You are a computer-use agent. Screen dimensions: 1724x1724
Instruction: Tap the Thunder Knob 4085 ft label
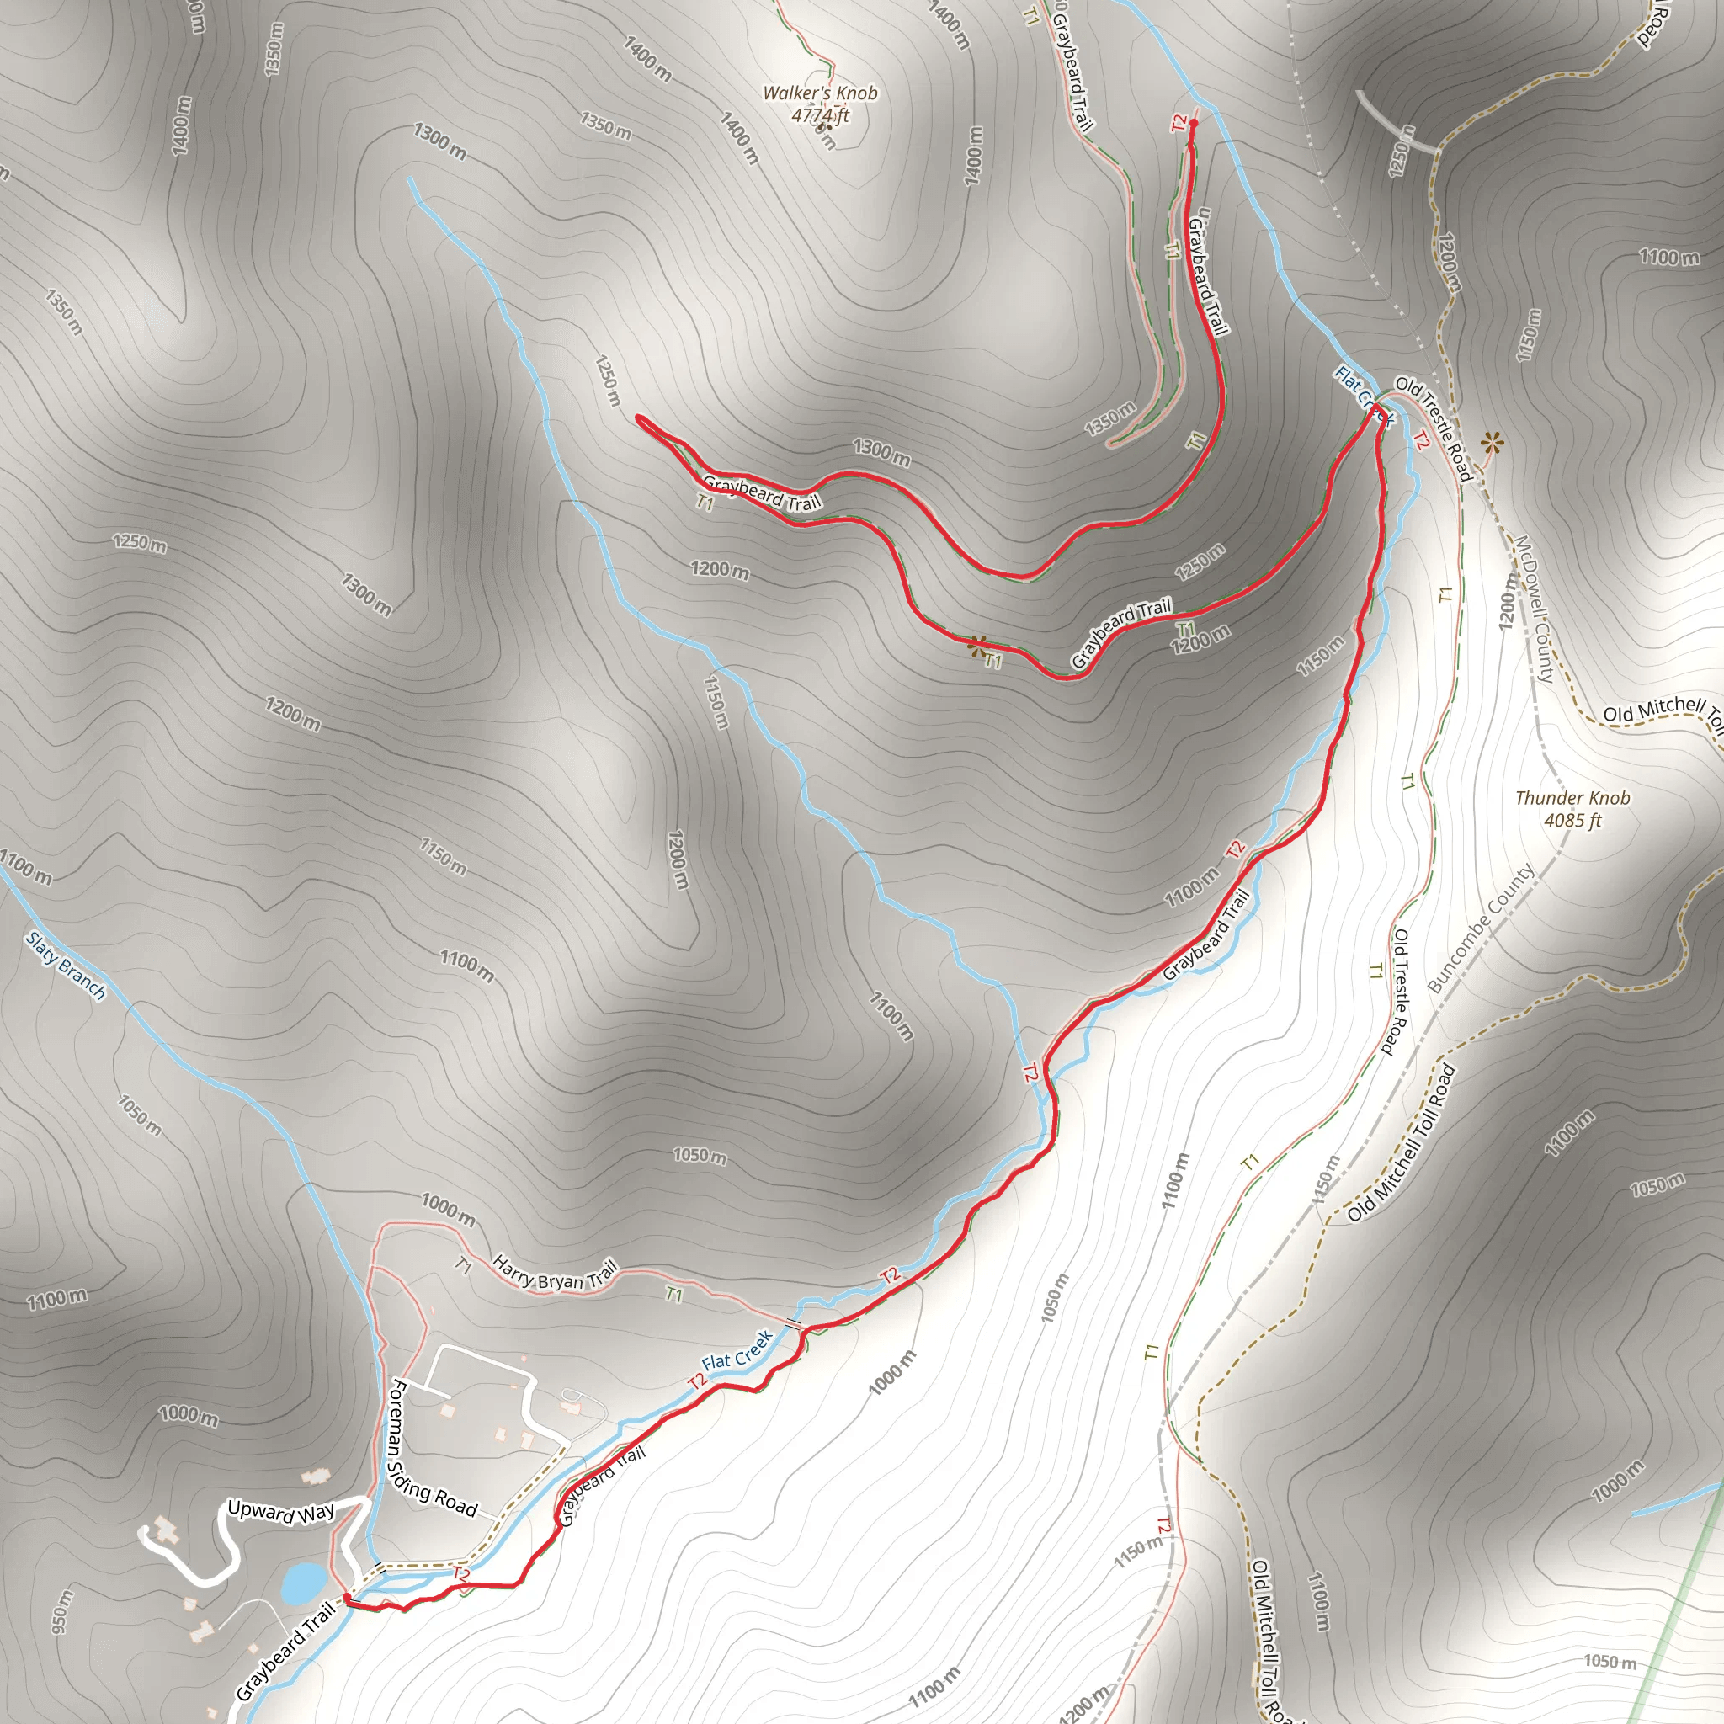click(x=1572, y=808)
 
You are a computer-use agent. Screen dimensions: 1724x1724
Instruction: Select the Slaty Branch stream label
click(x=65, y=966)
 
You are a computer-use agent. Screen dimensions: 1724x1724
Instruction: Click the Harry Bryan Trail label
click(x=554, y=1274)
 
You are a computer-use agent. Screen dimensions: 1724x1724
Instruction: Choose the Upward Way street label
click(x=280, y=1512)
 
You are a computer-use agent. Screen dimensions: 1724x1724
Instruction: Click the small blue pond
click(x=303, y=1582)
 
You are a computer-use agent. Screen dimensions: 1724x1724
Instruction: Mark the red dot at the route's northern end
click(x=1193, y=122)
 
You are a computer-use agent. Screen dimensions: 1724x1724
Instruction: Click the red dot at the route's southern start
click(x=346, y=1597)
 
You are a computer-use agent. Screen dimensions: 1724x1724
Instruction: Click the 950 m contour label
click(x=59, y=1610)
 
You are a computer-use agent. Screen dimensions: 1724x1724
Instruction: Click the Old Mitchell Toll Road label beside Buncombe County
click(x=1401, y=1144)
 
